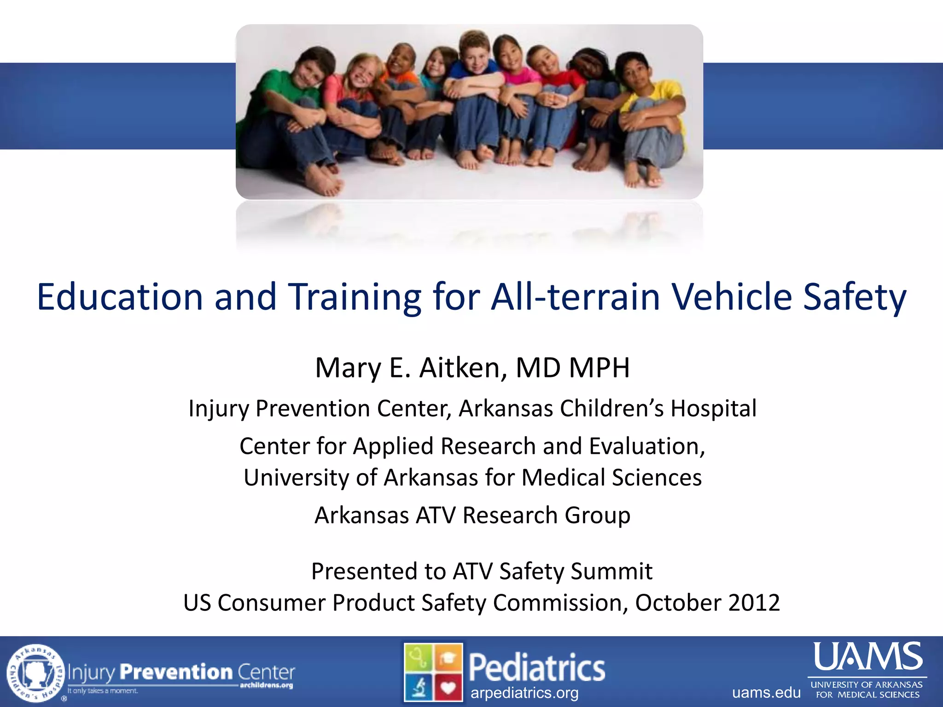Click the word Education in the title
pyautogui.click(x=120, y=297)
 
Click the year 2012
pyautogui.click(x=754, y=603)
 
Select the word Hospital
pyautogui.click(x=713, y=408)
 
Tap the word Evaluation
pyautogui.click(x=646, y=446)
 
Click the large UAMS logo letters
pyautogui.click(x=868, y=656)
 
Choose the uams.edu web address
pyautogui.click(x=766, y=692)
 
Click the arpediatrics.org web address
pyautogui.click(x=524, y=693)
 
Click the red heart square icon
pyautogui.click(x=448, y=688)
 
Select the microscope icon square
pyautogui.click(x=419, y=688)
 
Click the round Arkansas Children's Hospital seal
pyautogui.click(x=36, y=673)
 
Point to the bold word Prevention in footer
pyautogui.click(x=176, y=672)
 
